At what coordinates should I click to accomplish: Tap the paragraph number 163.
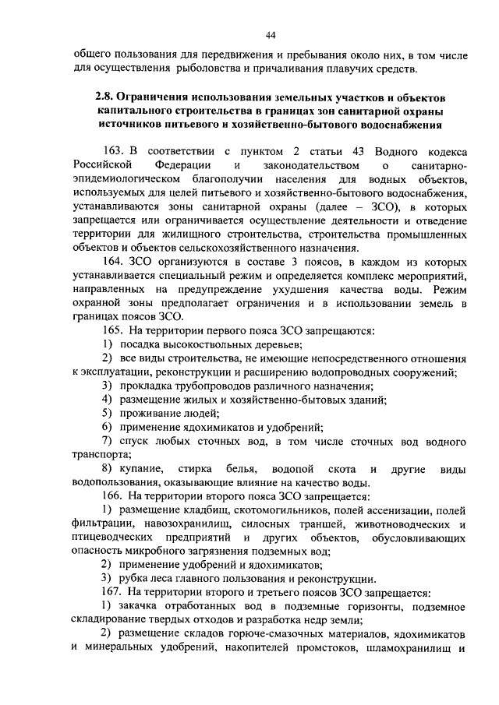[113, 150]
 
